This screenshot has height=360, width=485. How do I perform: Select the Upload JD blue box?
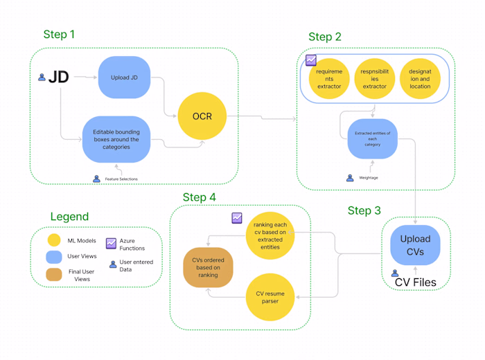point(125,78)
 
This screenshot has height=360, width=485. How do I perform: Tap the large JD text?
point(59,77)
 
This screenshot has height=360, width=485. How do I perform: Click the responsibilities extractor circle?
point(374,79)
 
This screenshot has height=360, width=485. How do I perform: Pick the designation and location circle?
point(420,79)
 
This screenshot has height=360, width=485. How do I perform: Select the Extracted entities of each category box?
point(372,139)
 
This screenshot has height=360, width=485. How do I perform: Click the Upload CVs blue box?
point(414,244)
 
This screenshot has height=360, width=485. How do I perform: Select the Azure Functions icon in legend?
point(111,243)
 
